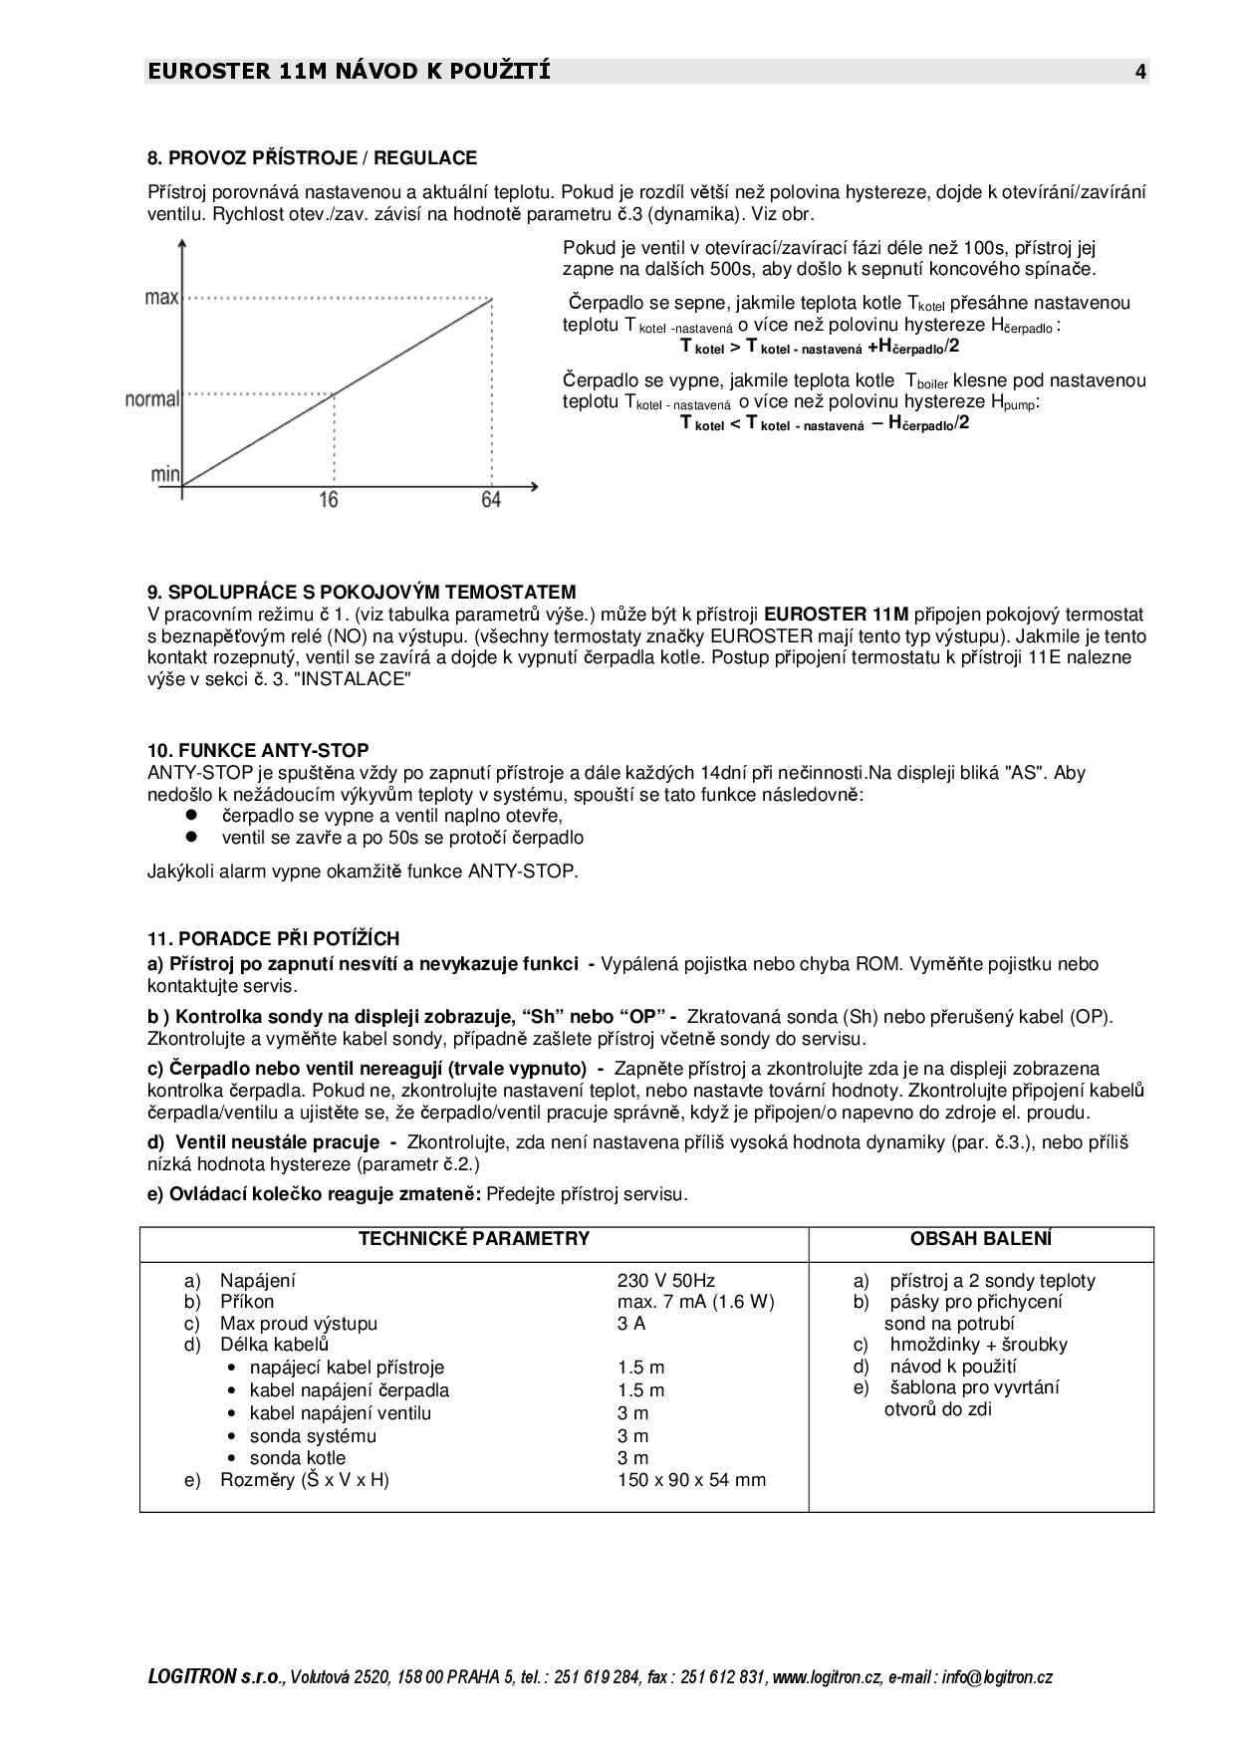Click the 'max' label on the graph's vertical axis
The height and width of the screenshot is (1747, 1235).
click(161, 298)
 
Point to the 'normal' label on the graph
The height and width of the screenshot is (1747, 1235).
click(152, 399)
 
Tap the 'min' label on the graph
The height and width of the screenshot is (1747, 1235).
click(165, 474)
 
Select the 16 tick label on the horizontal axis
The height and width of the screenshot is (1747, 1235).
click(329, 499)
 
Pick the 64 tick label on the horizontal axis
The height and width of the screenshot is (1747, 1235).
click(491, 499)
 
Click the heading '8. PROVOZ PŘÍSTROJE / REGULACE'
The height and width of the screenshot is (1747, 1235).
click(312, 157)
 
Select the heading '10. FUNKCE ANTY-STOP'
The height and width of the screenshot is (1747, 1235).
click(258, 750)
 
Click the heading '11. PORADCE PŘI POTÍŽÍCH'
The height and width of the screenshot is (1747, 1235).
click(273, 938)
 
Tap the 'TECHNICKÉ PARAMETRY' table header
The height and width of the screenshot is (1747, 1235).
click(474, 1239)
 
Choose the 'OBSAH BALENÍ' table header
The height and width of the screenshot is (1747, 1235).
click(981, 1239)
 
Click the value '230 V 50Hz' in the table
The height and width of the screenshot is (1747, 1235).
click(666, 1281)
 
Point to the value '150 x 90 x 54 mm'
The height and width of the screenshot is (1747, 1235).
click(691, 1479)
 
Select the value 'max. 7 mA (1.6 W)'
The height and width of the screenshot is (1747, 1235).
click(695, 1302)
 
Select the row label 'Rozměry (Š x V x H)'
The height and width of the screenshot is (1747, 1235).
click(304, 1479)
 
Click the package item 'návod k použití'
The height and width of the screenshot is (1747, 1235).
click(953, 1366)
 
